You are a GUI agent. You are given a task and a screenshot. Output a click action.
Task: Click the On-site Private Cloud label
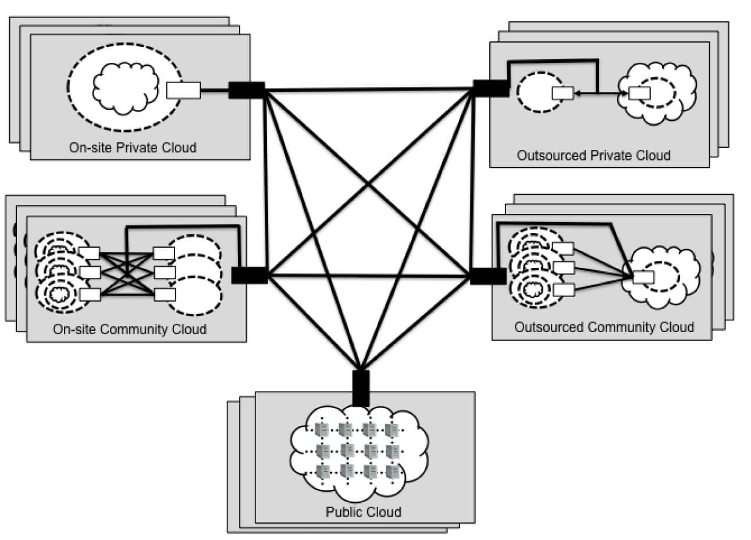[133, 147]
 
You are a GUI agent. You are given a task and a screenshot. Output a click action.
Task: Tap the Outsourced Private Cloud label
[593, 155]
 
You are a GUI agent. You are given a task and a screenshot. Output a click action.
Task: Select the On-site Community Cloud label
[129, 329]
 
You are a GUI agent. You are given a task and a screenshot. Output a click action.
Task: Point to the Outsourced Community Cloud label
[604, 327]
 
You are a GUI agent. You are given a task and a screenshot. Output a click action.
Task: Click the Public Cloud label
[363, 512]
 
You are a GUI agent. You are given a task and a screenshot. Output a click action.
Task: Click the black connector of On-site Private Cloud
[247, 90]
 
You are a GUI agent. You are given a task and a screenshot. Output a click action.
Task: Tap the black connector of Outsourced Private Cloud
[490, 88]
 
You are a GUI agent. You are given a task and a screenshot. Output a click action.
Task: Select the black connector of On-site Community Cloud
[250, 275]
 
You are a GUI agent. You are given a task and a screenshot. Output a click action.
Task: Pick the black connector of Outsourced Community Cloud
[487, 276]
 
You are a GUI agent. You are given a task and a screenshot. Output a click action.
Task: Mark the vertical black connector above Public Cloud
[361, 388]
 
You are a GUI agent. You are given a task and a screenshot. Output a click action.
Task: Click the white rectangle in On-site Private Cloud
[183, 90]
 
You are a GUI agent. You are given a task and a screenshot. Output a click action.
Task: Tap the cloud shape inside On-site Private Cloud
[126, 84]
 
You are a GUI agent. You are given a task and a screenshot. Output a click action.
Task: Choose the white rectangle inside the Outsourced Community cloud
[643, 277]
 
